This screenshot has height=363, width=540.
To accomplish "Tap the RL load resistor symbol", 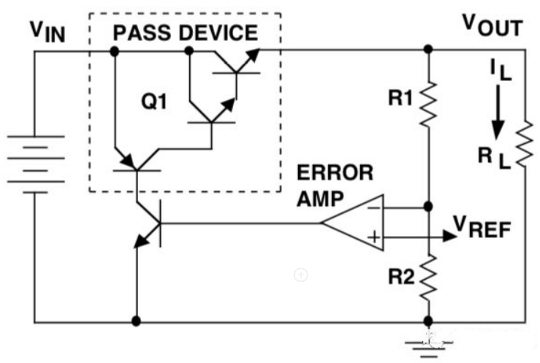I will tap(525, 146).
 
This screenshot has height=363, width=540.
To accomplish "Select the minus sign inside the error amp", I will tap(372, 208).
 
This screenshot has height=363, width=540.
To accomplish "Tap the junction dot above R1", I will tap(427, 50).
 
